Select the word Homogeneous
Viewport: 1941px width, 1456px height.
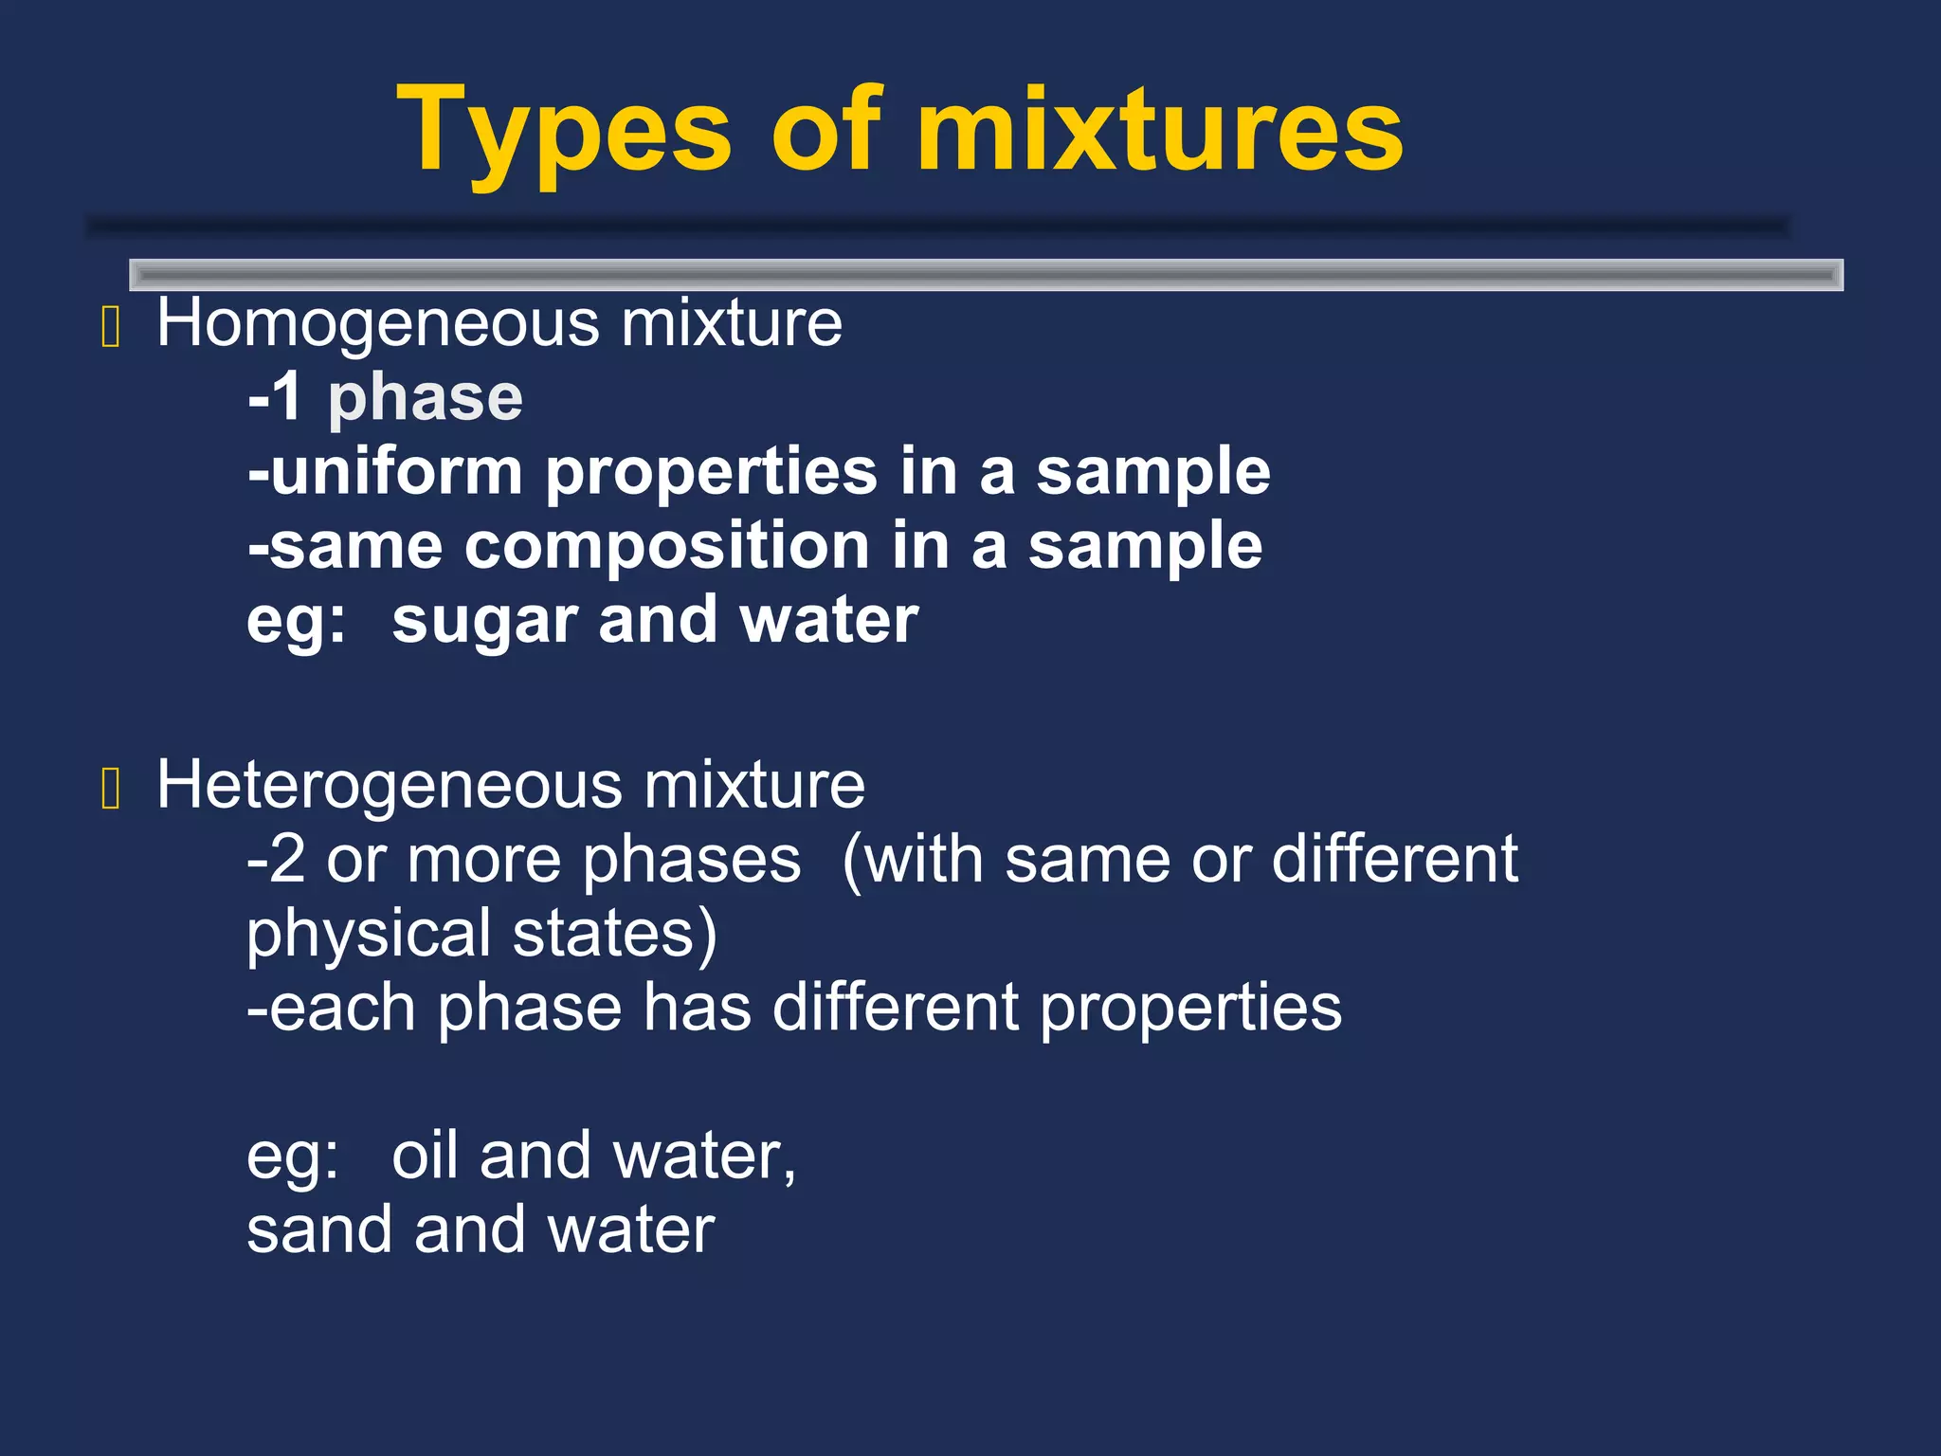378,323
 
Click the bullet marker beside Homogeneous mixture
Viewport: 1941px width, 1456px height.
110,328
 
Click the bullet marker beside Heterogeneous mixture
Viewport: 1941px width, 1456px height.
110,790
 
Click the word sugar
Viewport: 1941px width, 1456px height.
483,622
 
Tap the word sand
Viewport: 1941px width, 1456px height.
319,1229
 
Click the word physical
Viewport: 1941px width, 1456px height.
369,934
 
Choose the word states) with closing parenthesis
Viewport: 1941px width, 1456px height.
615,934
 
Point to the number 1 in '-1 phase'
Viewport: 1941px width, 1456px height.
285,397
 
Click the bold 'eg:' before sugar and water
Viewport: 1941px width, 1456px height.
296,622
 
